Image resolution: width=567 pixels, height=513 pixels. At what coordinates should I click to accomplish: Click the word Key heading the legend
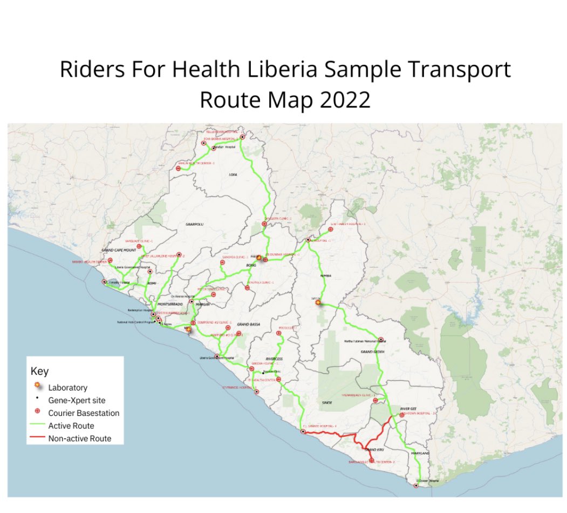pos(39,372)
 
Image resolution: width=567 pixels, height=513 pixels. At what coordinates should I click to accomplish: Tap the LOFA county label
pos(233,174)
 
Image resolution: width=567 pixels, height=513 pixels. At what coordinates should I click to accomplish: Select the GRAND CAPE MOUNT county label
pos(118,251)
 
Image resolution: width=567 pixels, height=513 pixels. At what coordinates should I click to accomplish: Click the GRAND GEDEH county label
pos(371,352)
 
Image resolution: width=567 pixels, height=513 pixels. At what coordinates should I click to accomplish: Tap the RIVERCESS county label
pos(274,359)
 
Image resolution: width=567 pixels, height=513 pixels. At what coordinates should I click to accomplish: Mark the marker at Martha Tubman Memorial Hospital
pos(381,340)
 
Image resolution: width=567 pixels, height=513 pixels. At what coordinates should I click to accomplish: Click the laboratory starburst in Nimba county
pos(318,303)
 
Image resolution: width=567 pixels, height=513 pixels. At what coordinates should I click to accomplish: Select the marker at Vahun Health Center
pos(179,168)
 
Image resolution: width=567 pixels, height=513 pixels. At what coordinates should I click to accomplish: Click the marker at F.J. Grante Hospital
pos(302,431)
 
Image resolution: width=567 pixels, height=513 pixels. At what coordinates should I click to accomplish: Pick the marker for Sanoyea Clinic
pos(222,263)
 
